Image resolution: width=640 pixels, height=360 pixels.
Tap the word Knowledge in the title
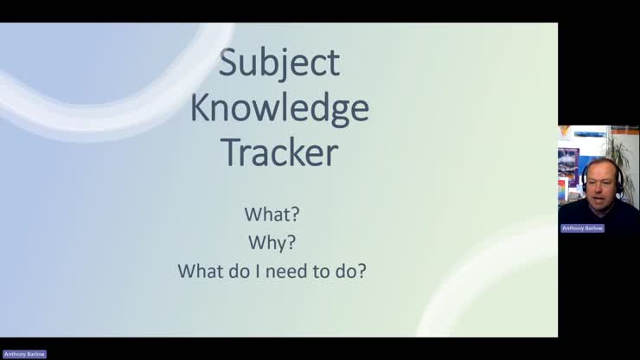click(279, 110)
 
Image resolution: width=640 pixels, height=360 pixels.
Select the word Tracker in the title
click(279, 153)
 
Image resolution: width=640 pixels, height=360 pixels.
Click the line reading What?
click(272, 214)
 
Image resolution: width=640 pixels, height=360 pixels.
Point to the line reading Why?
click(272, 241)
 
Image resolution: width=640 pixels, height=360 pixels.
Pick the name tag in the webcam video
click(582, 228)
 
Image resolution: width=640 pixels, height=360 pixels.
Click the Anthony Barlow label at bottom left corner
click(24, 354)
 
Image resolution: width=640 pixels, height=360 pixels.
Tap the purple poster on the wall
click(567, 162)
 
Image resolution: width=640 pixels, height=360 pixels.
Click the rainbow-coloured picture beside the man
click(563, 190)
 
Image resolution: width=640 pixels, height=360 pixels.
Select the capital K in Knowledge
click(201, 110)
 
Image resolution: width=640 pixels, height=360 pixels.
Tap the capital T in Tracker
click(231, 153)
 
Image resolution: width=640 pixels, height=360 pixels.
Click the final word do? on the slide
click(349, 271)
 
